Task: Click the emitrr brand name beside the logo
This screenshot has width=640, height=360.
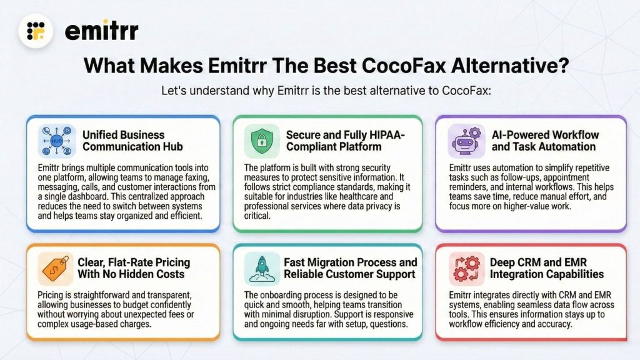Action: [101, 30]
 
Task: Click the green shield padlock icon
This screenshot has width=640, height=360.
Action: [261, 141]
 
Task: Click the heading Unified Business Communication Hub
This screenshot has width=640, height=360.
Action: [124, 141]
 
